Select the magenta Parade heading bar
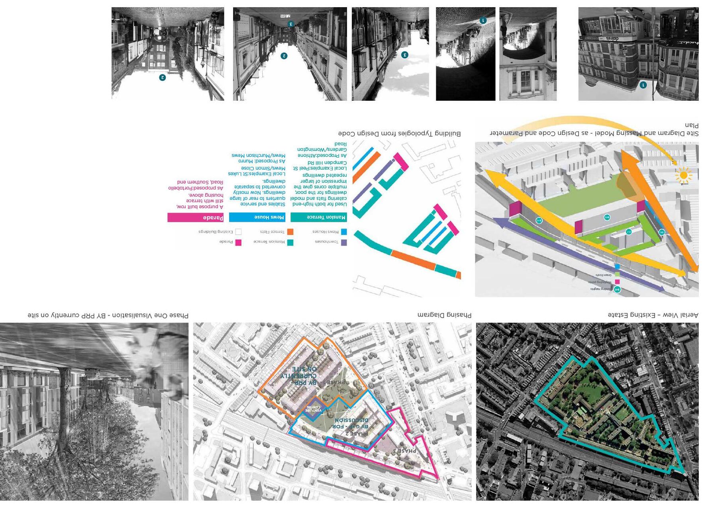coord(195,217)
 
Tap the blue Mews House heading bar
coord(257,217)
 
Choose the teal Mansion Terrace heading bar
coord(318,217)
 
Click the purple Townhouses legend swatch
coord(344,242)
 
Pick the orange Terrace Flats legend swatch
coord(290,232)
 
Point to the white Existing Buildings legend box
coord(238,232)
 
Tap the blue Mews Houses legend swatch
coord(344,232)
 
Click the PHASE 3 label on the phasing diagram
coord(404,451)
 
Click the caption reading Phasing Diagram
coord(444,315)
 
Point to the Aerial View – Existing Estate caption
coord(653,315)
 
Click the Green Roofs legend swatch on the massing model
coord(617,274)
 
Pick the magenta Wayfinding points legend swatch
coord(617,281)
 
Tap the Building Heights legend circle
coord(617,289)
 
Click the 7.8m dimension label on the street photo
coord(285,16)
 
